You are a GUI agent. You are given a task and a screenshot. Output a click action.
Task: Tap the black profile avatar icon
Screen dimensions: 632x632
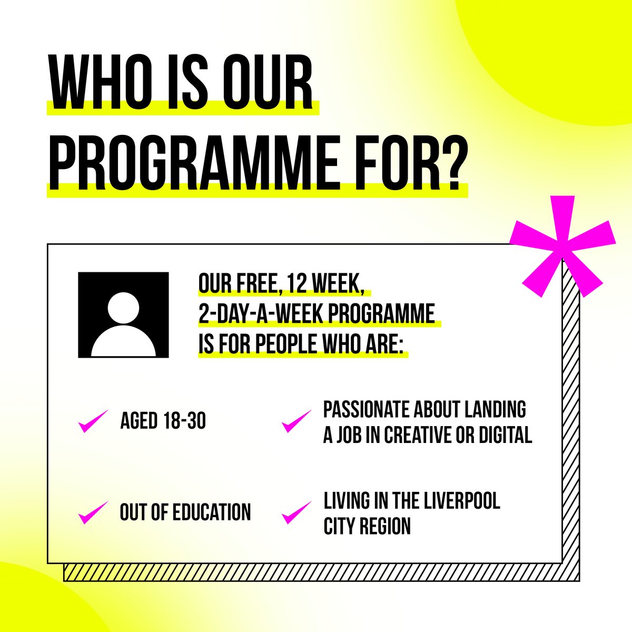(x=123, y=315)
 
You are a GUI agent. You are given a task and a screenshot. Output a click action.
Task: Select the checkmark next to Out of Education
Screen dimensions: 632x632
(x=93, y=512)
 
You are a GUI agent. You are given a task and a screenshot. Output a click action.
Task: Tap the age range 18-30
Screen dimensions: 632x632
(x=184, y=421)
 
